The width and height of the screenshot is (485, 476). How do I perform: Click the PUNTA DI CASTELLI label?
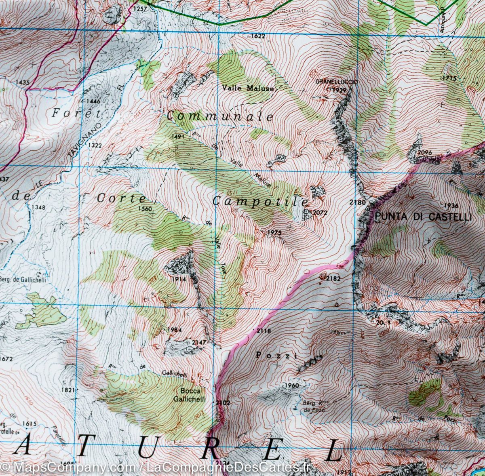click(x=423, y=217)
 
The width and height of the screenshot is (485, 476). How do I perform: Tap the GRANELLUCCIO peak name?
click(x=337, y=82)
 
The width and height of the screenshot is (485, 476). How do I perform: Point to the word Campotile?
click(x=260, y=201)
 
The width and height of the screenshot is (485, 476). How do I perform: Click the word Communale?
click(x=220, y=116)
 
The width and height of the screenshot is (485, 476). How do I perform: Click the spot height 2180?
click(x=358, y=202)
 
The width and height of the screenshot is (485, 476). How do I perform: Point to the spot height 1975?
click(x=274, y=232)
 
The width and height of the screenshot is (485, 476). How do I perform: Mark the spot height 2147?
click(x=200, y=343)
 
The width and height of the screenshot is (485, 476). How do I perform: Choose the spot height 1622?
click(x=257, y=36)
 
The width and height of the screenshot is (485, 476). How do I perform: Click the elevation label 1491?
click(x=178, y=137)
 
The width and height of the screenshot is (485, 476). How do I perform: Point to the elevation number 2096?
click(x=425, y=152)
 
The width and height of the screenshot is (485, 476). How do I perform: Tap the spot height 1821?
click(x=69, y=390)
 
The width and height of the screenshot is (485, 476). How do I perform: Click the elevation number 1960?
click(x=291, y=385)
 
